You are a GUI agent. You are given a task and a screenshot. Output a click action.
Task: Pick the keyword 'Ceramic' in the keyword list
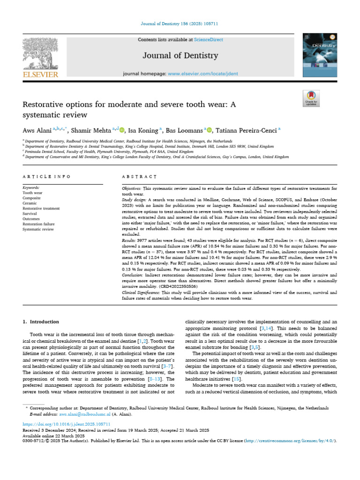[30, 203]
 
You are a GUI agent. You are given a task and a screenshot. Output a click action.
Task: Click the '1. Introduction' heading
[41, 322]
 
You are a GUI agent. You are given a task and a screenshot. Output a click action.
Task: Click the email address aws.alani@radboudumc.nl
[84, 414]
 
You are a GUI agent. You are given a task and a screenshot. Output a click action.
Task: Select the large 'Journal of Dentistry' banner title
[180, 56]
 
